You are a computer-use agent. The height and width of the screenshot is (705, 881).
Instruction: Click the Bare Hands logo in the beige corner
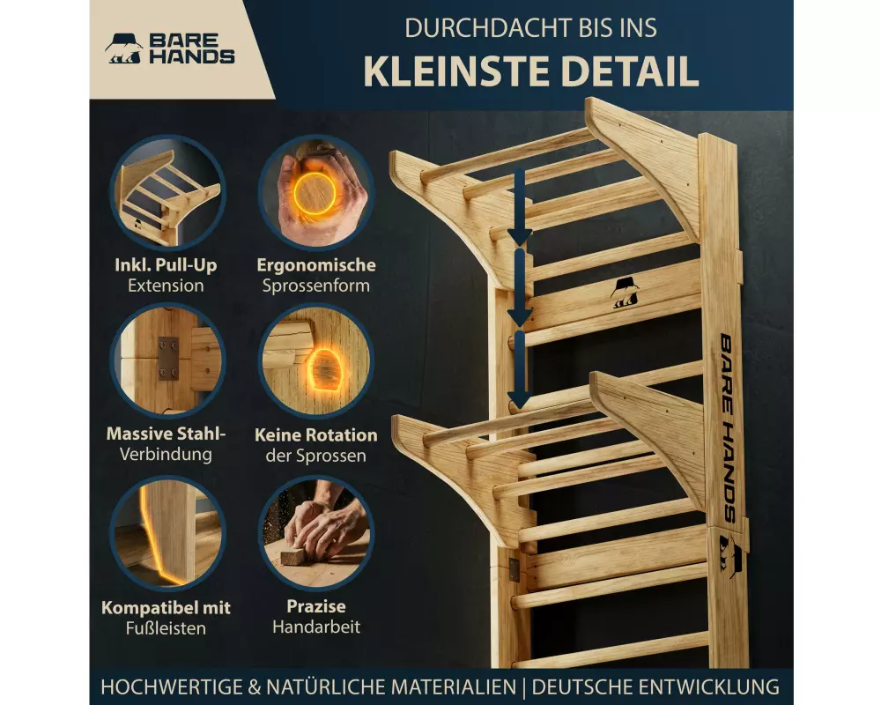[170, 49]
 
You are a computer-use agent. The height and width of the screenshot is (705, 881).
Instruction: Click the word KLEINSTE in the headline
[457, 71]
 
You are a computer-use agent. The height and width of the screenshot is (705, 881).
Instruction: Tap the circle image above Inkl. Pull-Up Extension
[167, 193]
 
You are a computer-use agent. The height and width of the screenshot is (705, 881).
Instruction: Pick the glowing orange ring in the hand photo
[315, 193]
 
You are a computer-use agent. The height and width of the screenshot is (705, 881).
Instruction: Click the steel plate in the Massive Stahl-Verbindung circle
[168, 359]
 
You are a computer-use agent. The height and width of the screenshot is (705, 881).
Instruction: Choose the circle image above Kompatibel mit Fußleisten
[167, 532]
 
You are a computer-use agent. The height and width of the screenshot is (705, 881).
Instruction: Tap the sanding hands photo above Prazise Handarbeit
[315, 532]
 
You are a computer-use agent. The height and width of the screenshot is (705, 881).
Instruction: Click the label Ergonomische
[315, 264]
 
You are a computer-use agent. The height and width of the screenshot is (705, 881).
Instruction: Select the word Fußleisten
[166, 628]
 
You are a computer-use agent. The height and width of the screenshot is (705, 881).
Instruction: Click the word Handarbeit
[316, 627]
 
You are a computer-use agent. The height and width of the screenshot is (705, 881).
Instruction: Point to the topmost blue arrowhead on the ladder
[519, 235]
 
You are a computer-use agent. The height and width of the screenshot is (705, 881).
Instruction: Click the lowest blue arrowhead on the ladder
[519, 398]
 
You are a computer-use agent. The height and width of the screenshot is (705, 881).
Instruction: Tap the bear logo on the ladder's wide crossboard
[625, 293]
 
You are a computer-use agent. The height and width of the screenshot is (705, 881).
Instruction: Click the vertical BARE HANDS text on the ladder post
[728, 427]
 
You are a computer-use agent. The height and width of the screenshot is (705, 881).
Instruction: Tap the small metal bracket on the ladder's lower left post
[515, 569]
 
